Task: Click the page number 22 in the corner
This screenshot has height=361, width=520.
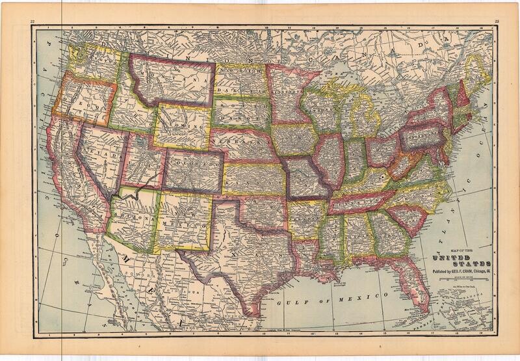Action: point(32,21)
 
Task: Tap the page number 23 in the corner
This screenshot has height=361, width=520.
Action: point(497,21)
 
